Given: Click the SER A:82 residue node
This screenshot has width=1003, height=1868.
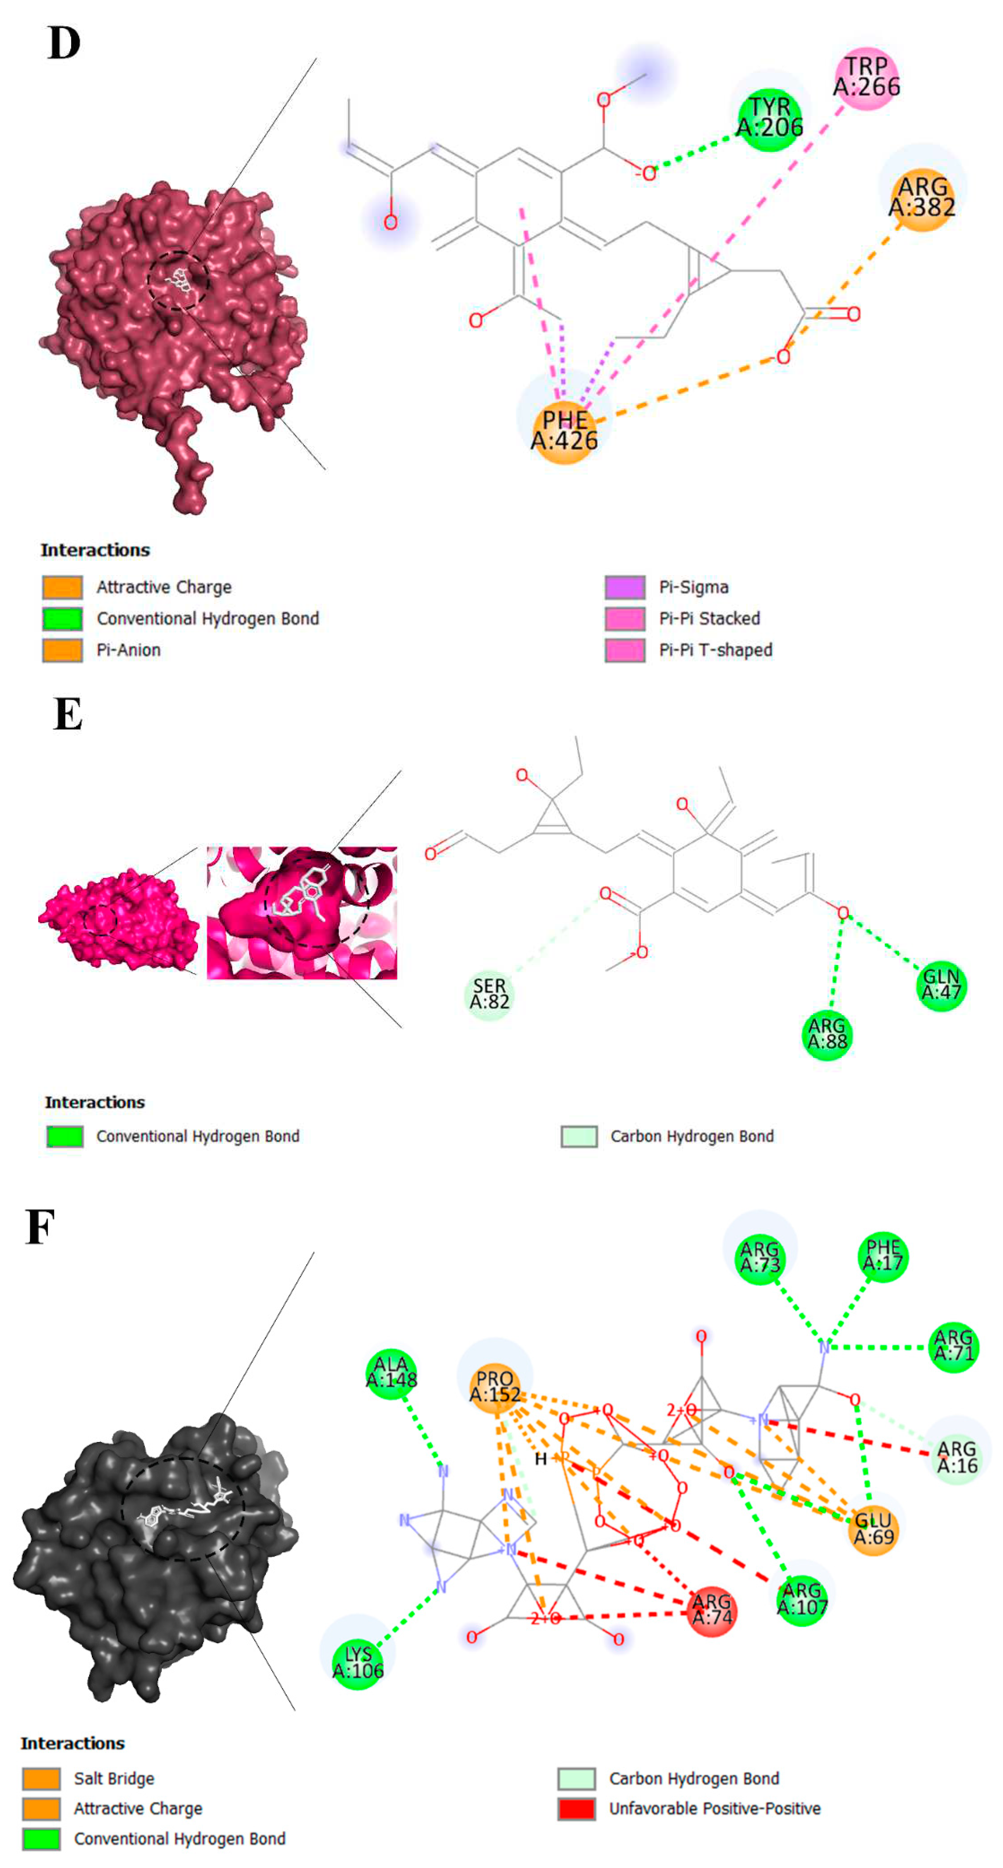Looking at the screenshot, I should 489,994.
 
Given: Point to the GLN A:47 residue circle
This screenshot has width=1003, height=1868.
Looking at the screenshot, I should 941,986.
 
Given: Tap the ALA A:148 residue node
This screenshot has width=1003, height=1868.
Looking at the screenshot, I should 391,1373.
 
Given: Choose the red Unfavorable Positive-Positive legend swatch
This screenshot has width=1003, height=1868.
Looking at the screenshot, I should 576,1809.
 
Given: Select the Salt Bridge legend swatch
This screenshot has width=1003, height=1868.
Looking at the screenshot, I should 41,1778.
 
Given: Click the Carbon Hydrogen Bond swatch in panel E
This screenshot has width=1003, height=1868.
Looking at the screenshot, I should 579,1136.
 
